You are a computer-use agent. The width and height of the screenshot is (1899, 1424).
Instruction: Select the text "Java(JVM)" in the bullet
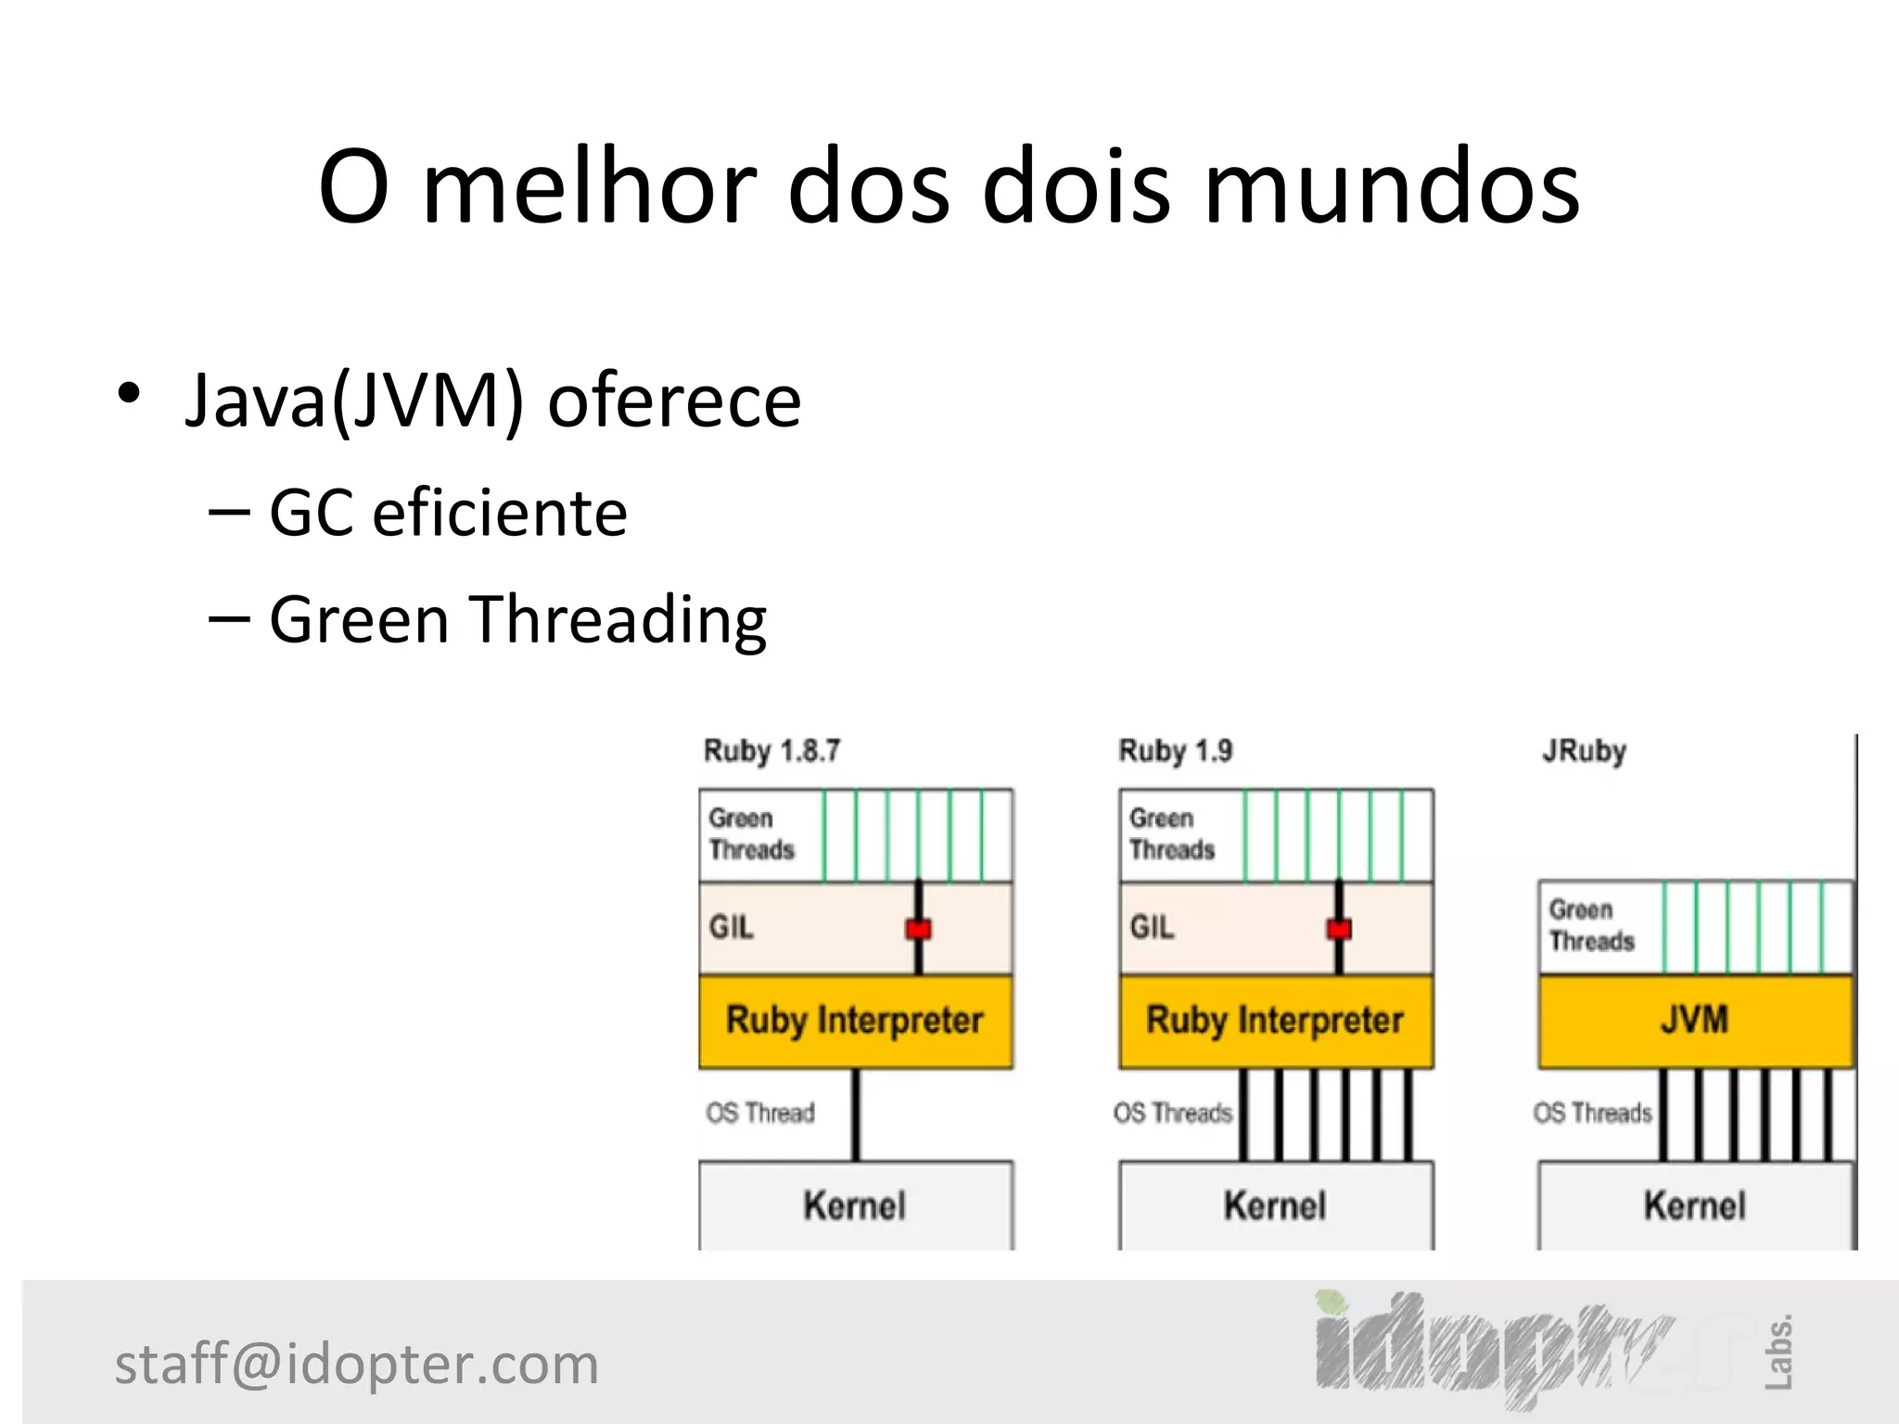coord(355,400)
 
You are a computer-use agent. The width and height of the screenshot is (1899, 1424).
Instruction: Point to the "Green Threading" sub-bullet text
coord(517,619)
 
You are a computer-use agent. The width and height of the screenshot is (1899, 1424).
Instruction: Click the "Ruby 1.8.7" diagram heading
coord(771,750)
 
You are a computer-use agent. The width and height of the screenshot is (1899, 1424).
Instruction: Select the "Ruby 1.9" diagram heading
coord(1175,750)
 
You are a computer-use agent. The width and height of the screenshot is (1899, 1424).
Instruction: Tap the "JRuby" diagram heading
coord(1584,750)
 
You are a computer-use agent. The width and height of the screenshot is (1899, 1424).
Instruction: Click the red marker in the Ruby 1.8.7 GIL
coord(918,928)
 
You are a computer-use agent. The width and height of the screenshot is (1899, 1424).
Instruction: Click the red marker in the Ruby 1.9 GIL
coord(1339,928)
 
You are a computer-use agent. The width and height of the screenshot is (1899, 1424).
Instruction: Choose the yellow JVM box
coord(1695,1020)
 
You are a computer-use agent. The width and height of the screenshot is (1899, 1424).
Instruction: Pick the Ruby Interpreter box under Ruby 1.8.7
coord(855,1020)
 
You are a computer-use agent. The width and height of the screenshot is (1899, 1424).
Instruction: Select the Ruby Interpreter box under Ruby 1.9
coord(1275,1020)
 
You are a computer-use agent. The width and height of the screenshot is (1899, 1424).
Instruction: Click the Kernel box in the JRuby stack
coord(1695,1205)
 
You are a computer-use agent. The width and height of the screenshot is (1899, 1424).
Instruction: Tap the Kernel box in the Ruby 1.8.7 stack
coord(855,1205)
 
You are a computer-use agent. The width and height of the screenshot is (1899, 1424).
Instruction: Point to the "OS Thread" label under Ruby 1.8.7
coord(760,1112)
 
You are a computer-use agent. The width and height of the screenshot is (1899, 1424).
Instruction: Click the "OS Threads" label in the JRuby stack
coord(1592,1112)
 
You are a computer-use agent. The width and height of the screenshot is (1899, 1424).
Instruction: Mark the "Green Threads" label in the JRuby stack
coord(1591,925)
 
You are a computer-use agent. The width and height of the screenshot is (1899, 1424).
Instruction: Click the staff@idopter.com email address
coord(357,1364)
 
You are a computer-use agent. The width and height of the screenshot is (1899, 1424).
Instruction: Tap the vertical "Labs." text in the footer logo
coord(1778,1352)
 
